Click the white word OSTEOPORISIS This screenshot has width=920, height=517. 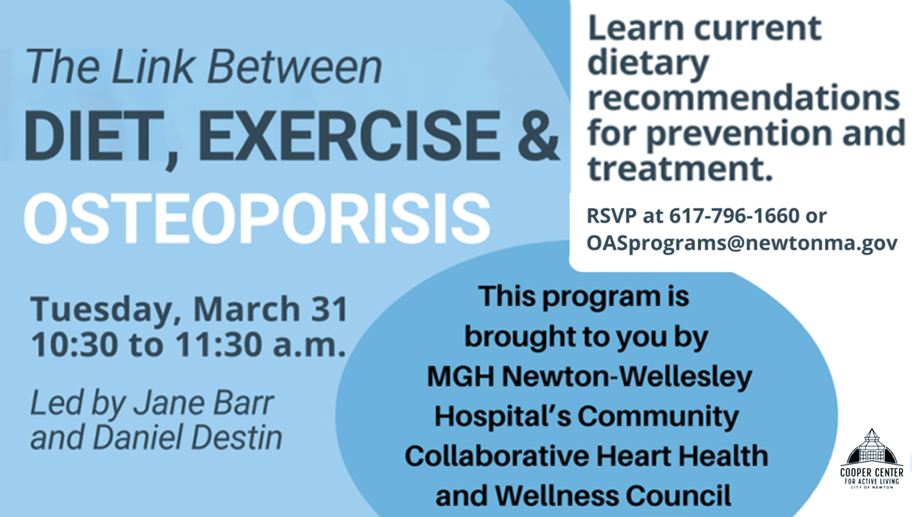tap(257, 219)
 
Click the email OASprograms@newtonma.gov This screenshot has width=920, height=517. tap(742, 243)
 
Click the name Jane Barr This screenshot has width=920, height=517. tap(203, 403)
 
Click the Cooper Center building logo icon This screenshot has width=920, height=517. tap(872, 447)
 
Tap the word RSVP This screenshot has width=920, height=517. tap(612, 215)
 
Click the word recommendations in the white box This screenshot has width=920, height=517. tap(744, 98)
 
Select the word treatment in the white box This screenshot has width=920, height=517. tap(676, 168)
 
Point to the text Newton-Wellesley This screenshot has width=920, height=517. tap(627, 377)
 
